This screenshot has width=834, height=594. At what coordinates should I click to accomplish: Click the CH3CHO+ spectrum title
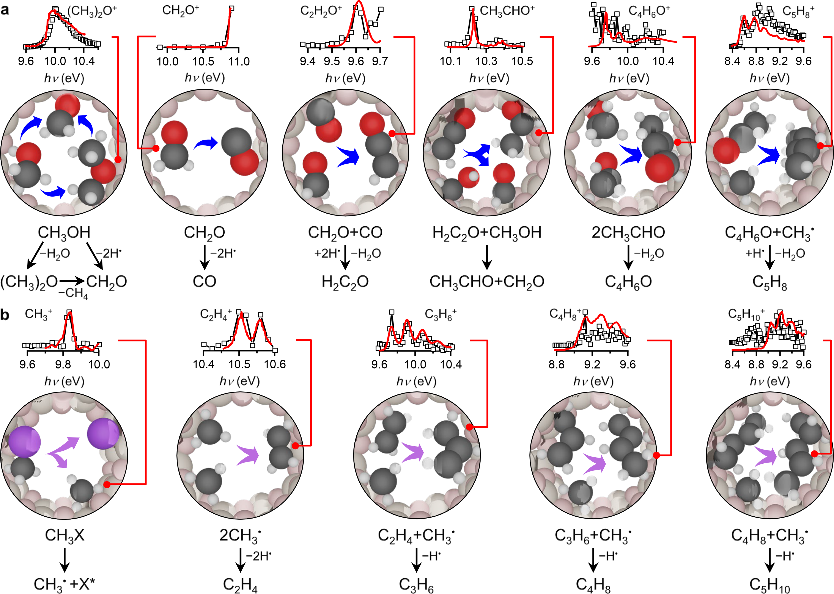[507, 11]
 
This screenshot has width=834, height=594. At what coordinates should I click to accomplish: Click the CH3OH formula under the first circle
[64, 233]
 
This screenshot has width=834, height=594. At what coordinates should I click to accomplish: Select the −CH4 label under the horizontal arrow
[73, 293]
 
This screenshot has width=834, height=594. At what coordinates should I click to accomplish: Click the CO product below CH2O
[204, 282]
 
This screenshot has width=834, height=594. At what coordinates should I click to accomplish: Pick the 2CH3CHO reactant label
[628, 233]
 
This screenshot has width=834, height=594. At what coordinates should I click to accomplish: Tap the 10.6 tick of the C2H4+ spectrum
[275, 364]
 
